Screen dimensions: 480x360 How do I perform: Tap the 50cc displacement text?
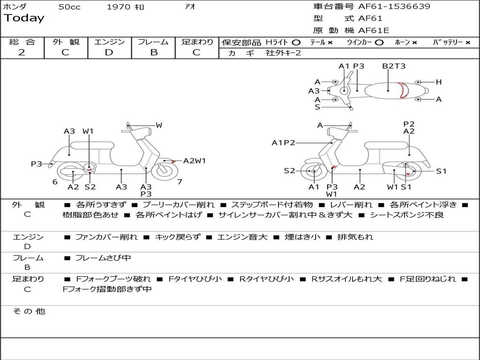tap(69, 7)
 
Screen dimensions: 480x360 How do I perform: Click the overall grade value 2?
tap(22, 52)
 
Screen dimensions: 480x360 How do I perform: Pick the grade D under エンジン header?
tap(109, 52)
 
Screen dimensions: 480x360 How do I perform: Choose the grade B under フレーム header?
tap(154, 52)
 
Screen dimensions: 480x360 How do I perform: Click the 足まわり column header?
tap(197, 42)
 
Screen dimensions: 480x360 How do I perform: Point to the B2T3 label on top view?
tap(394, 66)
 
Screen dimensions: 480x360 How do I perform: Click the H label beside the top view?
tap(439, 82)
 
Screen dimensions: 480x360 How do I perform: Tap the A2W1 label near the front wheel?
tap(195, 161)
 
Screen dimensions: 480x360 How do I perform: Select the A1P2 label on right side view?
tap(284, 142)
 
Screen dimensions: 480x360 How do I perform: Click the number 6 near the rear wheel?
tap(55, 182)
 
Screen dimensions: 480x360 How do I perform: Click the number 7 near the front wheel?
tap(180, 181)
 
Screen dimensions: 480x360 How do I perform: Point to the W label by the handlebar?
tap(159, 125)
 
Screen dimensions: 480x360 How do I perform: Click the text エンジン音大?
tap(242, 237)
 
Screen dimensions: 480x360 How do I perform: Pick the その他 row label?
tap(29, 311)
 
